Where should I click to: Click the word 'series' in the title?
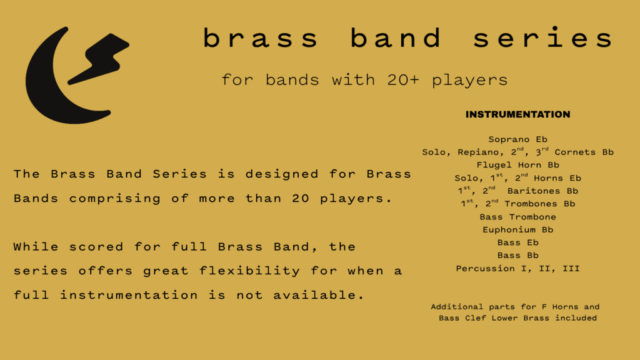point(542,39)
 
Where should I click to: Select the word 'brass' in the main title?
point(261,39)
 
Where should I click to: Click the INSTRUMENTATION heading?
point(517,114)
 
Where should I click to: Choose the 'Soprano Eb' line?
point(517,139)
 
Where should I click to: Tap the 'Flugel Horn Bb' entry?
point(517,166)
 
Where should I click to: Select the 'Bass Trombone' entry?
point(517,217)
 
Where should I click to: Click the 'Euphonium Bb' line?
point(517,229)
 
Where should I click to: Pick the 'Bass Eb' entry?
point(517,242)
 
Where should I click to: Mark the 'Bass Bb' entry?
point(517,255)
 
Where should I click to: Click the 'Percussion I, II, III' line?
point(517,269)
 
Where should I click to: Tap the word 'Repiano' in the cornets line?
point(479,152)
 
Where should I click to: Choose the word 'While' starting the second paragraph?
point(36,247)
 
